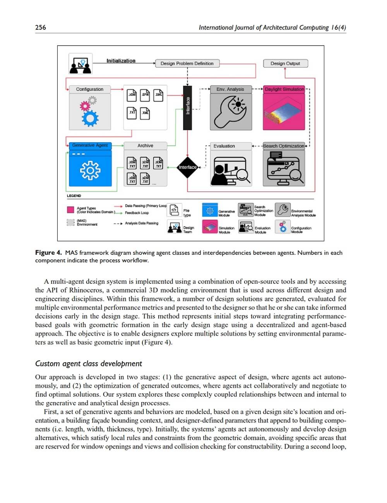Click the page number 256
(40, 27)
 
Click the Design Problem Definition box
(187, 63)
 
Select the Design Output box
(285, 63)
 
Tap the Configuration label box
(89, 89)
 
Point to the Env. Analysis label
(230, 89)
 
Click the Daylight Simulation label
(284, 89)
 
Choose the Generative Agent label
(90, 145)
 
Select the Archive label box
(145, 146)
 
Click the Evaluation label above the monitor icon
(224, 146)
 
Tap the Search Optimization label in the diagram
(283, 146)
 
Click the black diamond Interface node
(188, 167)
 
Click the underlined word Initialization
(121, 61)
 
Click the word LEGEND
(74, 196)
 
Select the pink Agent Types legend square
(70, 210)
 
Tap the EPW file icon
(145, 95)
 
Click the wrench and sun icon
(231, 109)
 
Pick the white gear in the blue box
(90, 170)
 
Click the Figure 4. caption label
(48, 253)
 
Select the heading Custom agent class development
(88, 364)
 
